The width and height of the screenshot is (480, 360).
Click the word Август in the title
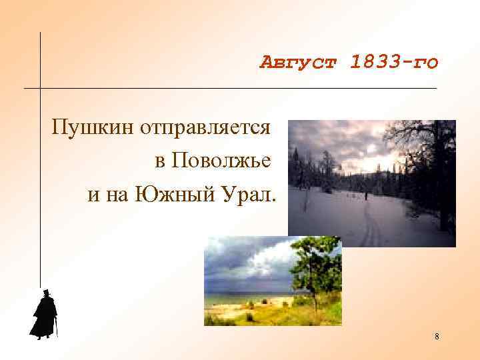point(299,63)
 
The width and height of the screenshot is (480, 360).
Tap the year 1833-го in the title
point(394,63)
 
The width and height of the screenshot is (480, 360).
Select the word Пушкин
point(93,127)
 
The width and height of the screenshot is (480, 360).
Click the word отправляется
point(205,127)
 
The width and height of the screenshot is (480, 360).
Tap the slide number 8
point(437,337)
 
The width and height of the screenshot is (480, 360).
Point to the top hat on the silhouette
point(45,293)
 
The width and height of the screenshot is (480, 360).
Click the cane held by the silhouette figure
point(57,328)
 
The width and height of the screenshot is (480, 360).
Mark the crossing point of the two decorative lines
point(41,88)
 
